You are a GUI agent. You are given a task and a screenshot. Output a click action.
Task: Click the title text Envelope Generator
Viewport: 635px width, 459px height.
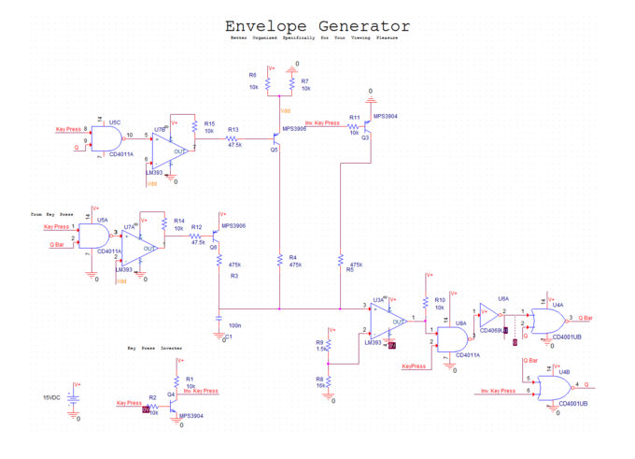tap(317, 26)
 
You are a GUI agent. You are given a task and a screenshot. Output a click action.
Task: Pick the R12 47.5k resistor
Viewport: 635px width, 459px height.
tap(197, 237)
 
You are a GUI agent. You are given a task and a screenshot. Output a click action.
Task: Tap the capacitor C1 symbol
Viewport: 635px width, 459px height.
tap(218, 324)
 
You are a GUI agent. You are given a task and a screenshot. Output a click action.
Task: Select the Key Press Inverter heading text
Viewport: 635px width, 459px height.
tap(155, 348)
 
